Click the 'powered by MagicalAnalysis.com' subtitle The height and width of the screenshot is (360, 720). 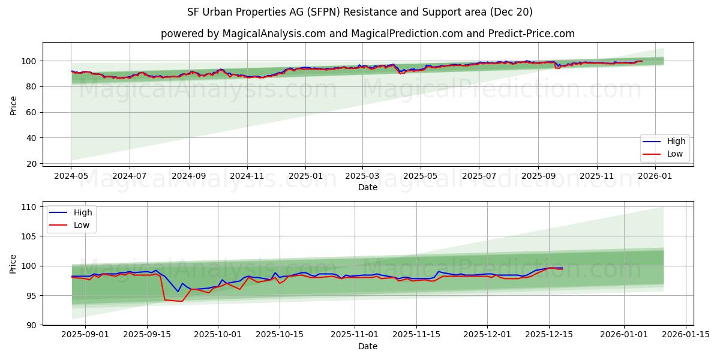(x=367, y=34)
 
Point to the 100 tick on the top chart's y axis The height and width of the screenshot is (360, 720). (x=30, y=61)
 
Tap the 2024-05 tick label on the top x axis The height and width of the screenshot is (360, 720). (x=71, y=176)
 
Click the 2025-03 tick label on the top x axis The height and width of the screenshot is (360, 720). (x=362, y=176)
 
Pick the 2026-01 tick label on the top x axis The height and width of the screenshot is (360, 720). (x=655, y=176)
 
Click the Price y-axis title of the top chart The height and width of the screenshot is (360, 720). (x=14, y=105)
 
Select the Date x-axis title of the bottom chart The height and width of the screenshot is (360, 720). (x=367, y=346)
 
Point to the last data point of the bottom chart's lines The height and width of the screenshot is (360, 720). (x=562, y=268)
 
